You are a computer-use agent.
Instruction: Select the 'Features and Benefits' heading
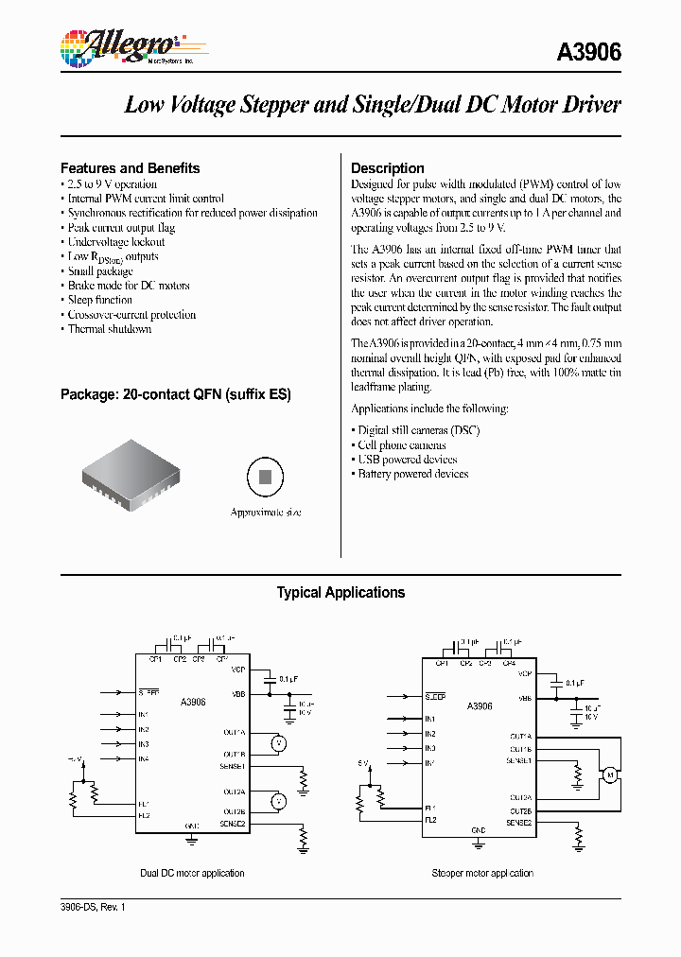coord(130,168)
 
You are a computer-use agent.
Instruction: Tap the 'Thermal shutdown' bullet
coord(109,329)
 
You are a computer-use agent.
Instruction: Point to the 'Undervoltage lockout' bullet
coord(115,242)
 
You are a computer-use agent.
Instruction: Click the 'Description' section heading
coord(387,168)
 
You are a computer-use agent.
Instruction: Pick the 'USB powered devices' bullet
coord(407,460)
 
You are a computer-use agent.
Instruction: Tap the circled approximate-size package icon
coord(266,477)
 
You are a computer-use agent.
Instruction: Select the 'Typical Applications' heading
coord(340,593)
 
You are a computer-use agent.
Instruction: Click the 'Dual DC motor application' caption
coord(192,873)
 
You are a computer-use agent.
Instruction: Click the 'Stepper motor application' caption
coord(482,873)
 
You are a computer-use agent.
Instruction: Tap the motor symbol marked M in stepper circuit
coord(610,775)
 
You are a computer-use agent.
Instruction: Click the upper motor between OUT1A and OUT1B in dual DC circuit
coord(278,742)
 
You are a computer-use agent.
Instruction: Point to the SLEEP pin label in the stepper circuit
coord(435,697)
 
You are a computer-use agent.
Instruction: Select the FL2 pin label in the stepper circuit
coord(430,819)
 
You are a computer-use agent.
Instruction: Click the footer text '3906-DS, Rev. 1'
coord(93,907)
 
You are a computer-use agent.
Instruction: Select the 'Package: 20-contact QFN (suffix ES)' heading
coord(175,394)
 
